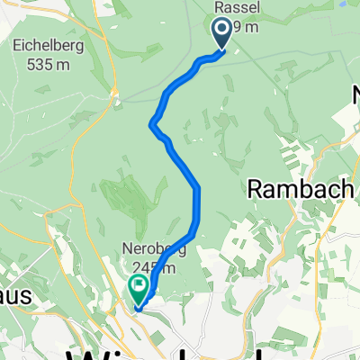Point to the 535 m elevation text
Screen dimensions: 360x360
38,63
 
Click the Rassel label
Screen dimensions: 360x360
231,7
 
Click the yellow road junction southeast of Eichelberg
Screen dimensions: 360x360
114,90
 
